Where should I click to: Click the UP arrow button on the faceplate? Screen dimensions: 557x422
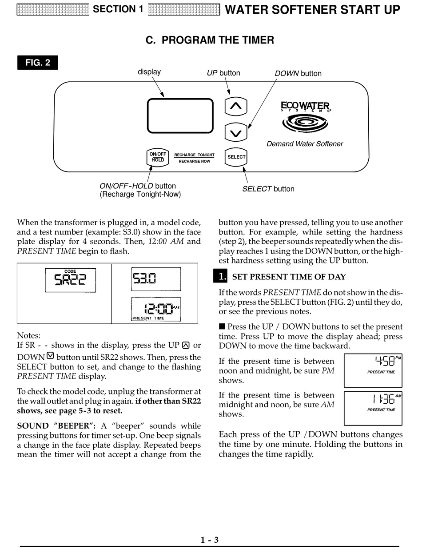click(x=236, y=106)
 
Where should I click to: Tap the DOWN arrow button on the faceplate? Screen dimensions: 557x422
click(x=236, y=132)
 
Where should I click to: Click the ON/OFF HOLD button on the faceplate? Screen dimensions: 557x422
click(x=158, y=157)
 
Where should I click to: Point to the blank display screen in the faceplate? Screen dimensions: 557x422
click(x=180, y=115)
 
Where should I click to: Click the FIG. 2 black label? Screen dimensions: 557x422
click(x=38, y=63)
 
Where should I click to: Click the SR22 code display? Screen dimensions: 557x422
click(x=70, y=280)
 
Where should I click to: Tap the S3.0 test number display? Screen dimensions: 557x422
click(x=155, y=279)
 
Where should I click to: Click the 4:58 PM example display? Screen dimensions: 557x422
click(x=373, y=370)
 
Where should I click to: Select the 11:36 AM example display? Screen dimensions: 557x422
click(x=373, y=408)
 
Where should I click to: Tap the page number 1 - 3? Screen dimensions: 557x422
click(x=210, y=540)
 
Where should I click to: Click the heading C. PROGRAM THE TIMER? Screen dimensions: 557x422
click(x=210, y=40)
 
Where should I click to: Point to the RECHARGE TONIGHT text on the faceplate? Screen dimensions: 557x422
click(x=194, y=155)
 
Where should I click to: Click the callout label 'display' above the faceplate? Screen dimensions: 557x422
click(x=149, y=72)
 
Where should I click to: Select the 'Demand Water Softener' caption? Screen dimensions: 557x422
click(x=305, y=144)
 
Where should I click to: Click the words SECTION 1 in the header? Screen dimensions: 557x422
click(x=118, y=9)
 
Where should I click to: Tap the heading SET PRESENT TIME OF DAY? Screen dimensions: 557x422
click(x=289, y=277)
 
